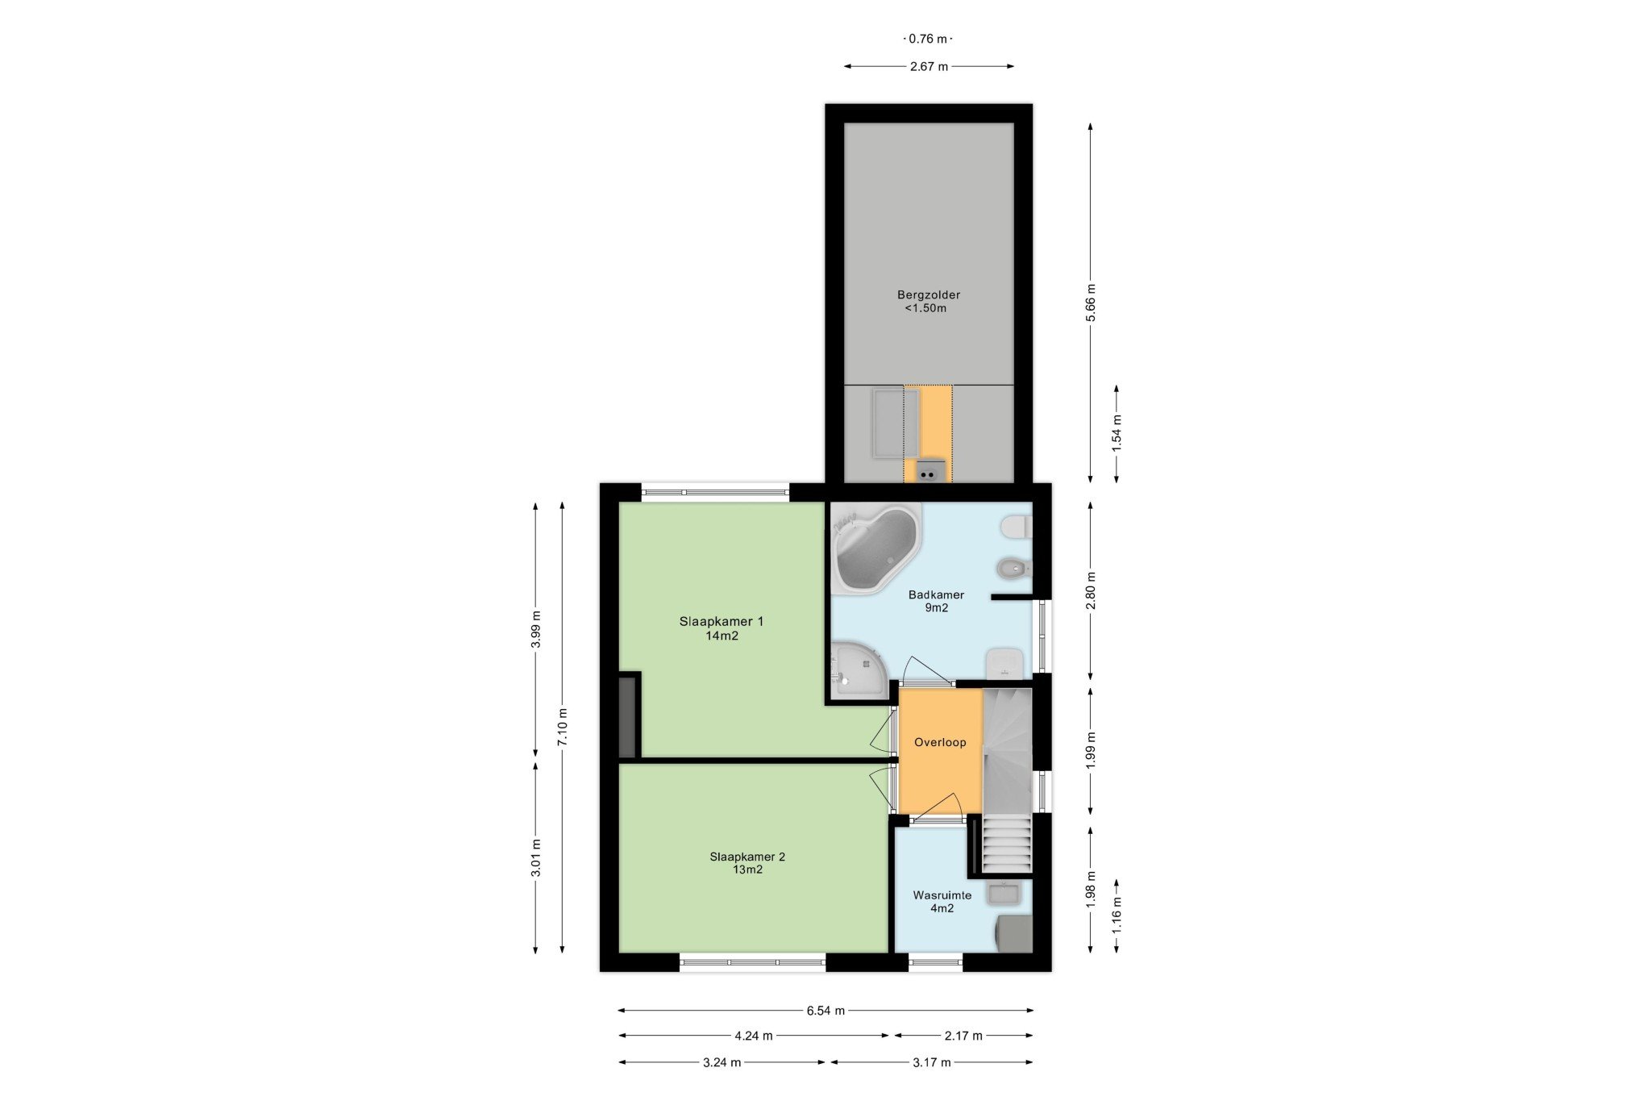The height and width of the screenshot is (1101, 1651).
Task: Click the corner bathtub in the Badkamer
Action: (x=875, y=548)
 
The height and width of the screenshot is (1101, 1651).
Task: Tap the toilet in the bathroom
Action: (x=1016, y=528)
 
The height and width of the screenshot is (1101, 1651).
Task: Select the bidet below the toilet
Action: (x=1014, y=569)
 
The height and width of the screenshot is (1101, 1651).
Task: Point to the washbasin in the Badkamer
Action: (x=1005, y=663)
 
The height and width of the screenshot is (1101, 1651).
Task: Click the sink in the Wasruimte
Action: (x=1004, y=893)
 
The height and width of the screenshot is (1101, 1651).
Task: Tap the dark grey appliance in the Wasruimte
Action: (x=1014, y=933)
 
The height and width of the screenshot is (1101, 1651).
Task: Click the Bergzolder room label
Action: (x=928, y=301)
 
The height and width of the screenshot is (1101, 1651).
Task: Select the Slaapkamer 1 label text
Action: (x=722, y=628)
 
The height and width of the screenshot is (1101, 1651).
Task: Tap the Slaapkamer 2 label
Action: (x=747, y=863)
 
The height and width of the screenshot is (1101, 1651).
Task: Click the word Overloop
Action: (x=940, y=742)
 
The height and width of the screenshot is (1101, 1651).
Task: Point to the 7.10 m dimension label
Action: (x=563, y=727)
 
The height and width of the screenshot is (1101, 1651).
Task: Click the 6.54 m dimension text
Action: (x=825, y=1011)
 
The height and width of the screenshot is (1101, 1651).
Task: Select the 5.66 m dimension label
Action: (x=1091, y=302)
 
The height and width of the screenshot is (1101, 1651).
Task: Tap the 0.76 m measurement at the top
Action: (x=928, y=39)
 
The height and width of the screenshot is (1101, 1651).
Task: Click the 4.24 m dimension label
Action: (x=754, y=1036)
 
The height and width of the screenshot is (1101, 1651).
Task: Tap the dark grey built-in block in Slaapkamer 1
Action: (x=627, y=716)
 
